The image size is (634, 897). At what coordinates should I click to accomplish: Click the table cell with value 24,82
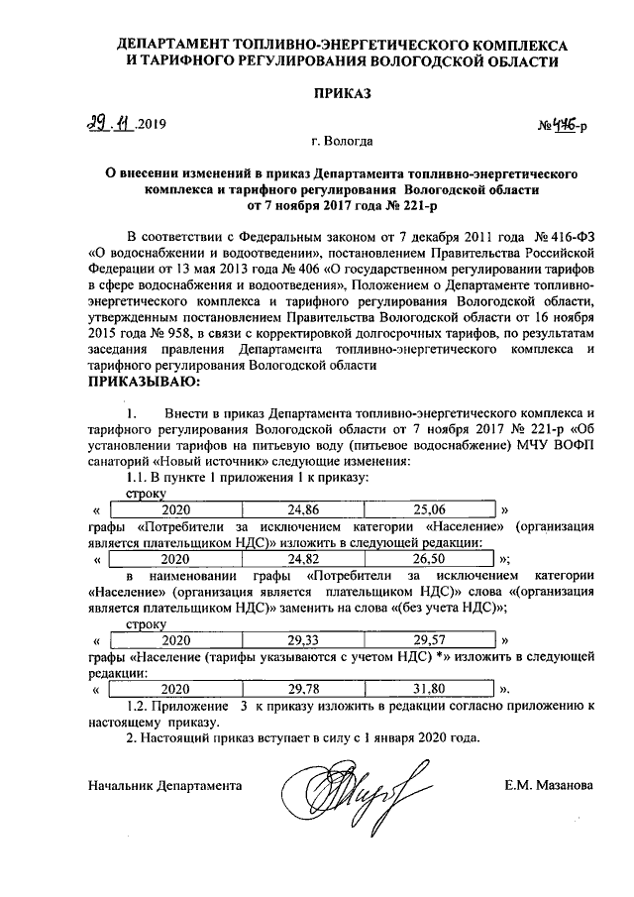tap(304, 559)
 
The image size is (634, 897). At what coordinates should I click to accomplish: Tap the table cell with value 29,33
tap(304, 639)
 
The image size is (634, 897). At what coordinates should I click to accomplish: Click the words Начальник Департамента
tap(164, 785)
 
